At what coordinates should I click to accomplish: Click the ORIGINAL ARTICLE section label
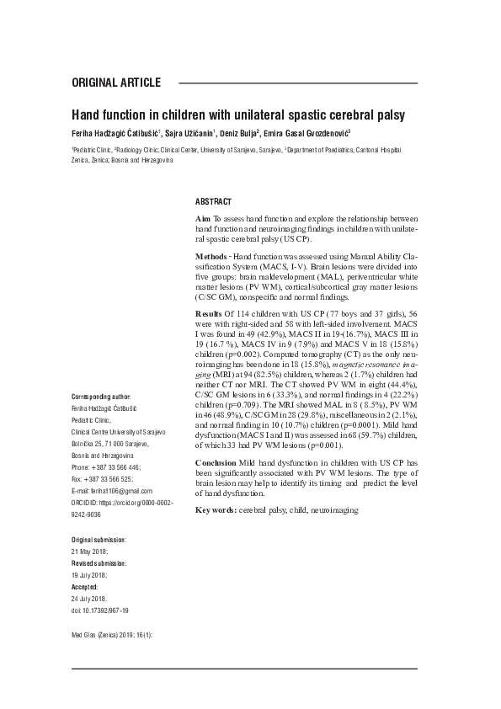tap(117, 83)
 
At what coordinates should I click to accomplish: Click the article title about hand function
tap(238, 114)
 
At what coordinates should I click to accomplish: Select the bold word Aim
tap(203, 219)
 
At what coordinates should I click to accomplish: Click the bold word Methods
tap(211, 254)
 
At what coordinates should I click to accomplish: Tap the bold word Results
tap(210, 313)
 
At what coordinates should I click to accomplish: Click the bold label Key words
tap(215, 510)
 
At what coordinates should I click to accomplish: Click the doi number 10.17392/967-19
tap(106, 610)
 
